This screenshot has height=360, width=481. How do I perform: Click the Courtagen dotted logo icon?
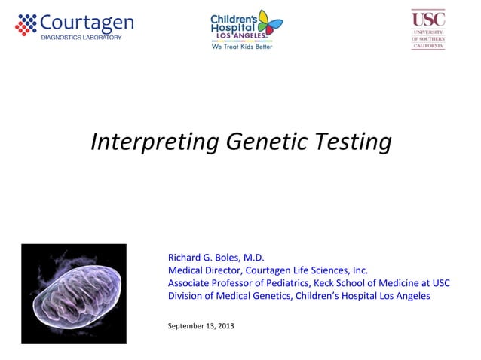pos(26,25)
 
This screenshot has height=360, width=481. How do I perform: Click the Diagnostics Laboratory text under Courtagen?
pos(81,38)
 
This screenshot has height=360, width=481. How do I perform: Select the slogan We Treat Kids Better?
pos(241,47)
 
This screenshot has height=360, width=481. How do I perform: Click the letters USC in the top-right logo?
pos(427,18)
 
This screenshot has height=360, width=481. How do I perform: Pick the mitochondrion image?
pos(74,293)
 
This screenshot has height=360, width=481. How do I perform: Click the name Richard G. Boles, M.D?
pos(216,258)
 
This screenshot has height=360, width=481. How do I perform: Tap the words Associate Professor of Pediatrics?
pos(233,283)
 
